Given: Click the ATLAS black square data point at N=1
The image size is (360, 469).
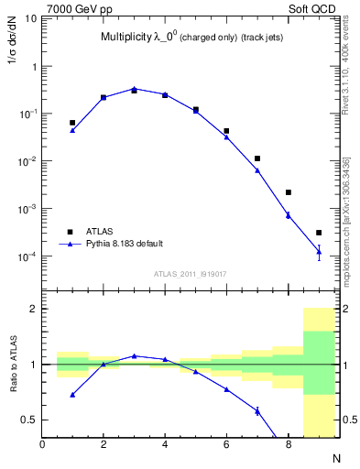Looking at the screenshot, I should click(x=72, y=122).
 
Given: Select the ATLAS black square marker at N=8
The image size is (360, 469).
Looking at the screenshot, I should click(x=289, y=192).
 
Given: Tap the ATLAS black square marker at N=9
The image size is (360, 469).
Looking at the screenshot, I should click(x=319, y=233).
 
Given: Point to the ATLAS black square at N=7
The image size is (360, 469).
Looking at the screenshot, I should click(x=257, y=158).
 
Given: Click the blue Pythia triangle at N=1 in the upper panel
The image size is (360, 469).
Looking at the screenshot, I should click(x=72, y=130).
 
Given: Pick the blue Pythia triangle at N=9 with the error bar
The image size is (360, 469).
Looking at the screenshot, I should click(x=319, y=251).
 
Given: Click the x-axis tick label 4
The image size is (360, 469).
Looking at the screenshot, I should click(x=165, y=444).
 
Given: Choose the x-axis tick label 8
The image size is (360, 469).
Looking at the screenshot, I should click(x=289, y=444).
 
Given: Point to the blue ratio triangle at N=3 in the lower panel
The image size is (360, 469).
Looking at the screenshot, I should click(x=134, y=355).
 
